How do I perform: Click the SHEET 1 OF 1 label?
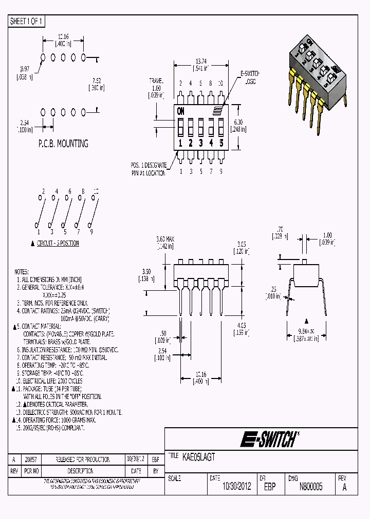click(x=27, y=21)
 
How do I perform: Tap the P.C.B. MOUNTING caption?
click(x=63, y=144)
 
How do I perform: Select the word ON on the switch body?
click(x=181, y=111)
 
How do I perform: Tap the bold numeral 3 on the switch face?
click(x=200, y=143)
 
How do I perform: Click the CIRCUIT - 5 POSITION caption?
click(x=58, y=243)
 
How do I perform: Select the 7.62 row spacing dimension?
click(x=96, y=81)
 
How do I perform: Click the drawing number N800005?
click(x=311, y=487)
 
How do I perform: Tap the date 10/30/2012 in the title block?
click(x=236, y=487)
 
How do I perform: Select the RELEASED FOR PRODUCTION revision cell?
click(x=83, y=460)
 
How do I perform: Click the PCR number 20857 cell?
click(x=31, y=460)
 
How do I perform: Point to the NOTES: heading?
click(x=22, y=272)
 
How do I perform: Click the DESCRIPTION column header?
click(x=83, y=470)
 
